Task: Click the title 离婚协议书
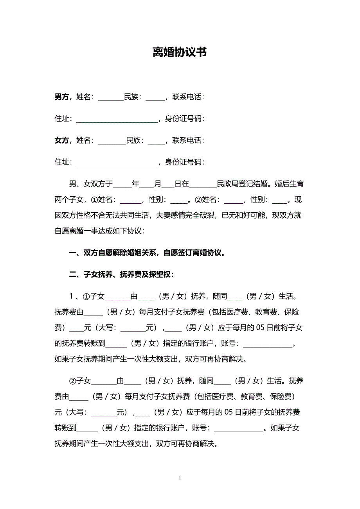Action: click(180, 52)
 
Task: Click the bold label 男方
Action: click(62, 97)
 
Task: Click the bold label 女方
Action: click(62, 140)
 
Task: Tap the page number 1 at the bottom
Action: click(180, 478)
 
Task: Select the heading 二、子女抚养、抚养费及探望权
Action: click(122, 274)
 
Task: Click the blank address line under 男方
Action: click(117, 119)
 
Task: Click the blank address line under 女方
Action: click(117, 163)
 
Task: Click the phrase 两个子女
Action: click(69, 200)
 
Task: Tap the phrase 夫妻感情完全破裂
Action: click(185, 215)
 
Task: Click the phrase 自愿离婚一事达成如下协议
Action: click(99, 231)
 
